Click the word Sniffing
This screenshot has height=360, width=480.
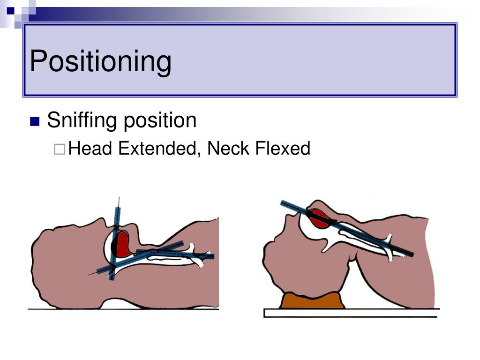pos(82,120)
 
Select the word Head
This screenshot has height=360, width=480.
pos(91,149)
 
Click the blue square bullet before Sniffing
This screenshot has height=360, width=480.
pos(34,121)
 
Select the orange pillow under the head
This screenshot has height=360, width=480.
pos(312,300)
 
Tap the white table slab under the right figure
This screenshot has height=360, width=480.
pos(352,313)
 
